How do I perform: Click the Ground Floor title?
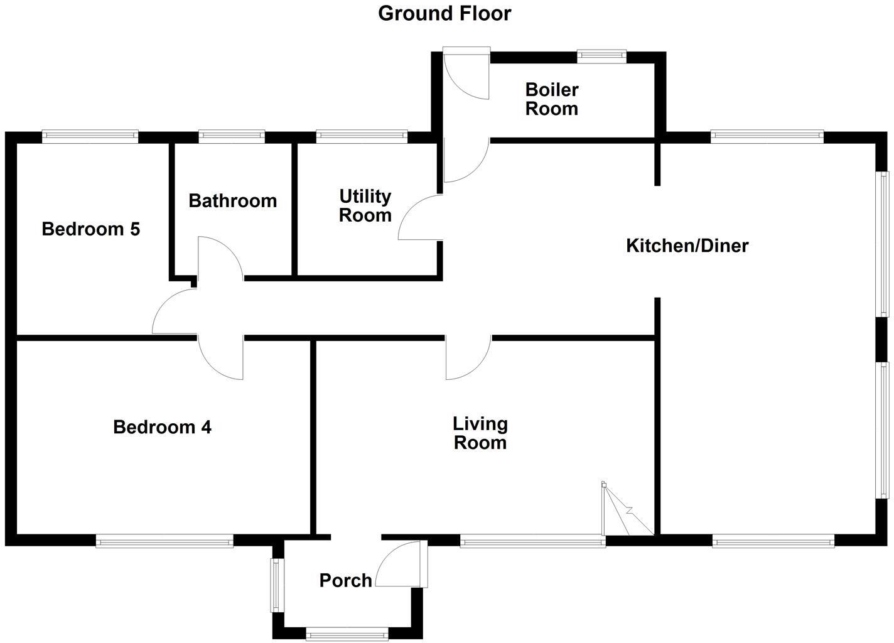tap(444, 13)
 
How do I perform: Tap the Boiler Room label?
tap(551, 99)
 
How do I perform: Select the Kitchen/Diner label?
tap(687, 246)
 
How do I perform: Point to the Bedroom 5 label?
tap(90, 229)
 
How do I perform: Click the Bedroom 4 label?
tap(162, 427)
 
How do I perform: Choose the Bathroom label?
tap(232, 201)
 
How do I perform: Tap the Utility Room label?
tap(365, 206)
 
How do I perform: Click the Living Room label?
tap(480, 433)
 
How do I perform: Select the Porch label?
tap(345, 580)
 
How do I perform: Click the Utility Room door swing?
tap(419, 217)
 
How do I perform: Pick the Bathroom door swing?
tap(220, 257)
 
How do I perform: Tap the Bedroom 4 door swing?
tap(221, 359)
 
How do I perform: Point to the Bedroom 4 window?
tap(164, 541)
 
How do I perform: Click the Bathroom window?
tap(232, 136)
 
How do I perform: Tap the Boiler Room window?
tap(601, 57)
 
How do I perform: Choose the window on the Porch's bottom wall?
tap(347, 634)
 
